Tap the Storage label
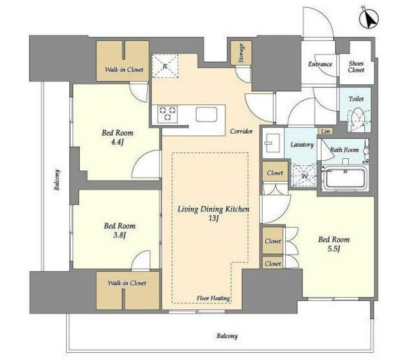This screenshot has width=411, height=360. click(241, 53)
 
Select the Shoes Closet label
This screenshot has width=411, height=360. click(356, 67)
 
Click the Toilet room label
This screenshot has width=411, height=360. click(356, 99)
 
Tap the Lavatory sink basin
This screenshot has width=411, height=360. click(272, 143)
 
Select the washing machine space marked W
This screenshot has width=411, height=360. click(304, 175)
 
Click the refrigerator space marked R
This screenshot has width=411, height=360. click(165, 66)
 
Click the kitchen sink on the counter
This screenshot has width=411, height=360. click(206, 114)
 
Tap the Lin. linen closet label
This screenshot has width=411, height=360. click(326, 131)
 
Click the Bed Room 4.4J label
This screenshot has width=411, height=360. click(118, 137)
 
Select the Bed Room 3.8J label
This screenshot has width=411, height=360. click(119, 230)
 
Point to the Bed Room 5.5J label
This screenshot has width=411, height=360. click(334, 244)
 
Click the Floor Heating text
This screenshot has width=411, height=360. click(213, 298)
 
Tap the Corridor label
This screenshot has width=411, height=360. click(241, 131)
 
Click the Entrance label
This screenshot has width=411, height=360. click(320, 64)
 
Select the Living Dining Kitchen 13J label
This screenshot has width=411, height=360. click(214, 213)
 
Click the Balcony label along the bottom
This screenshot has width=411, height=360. click(227, 336)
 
